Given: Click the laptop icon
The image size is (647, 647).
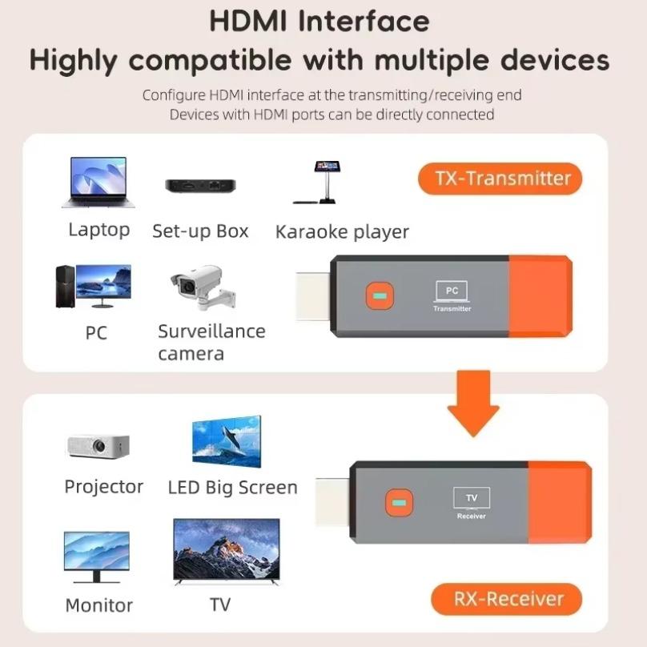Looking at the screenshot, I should click(98, 182).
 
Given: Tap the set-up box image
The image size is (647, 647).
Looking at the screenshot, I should click(200, 186).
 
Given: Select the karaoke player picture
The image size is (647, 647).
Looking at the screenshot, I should click(323, 183).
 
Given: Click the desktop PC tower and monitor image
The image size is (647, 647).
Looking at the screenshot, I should click(93, 287).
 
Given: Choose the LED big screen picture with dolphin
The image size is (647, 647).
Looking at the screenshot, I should click(227, 442).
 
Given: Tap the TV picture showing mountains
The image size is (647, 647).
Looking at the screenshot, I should click(227, 553).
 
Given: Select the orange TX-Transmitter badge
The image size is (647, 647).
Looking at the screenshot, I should click(500, 178).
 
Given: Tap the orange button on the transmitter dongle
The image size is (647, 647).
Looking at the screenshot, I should click(379, 297).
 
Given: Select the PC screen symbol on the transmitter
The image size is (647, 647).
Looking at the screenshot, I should click(452, 291).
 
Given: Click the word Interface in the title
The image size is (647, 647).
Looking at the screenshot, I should click(364, 22).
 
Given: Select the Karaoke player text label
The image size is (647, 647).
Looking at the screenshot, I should click(342, 232).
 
